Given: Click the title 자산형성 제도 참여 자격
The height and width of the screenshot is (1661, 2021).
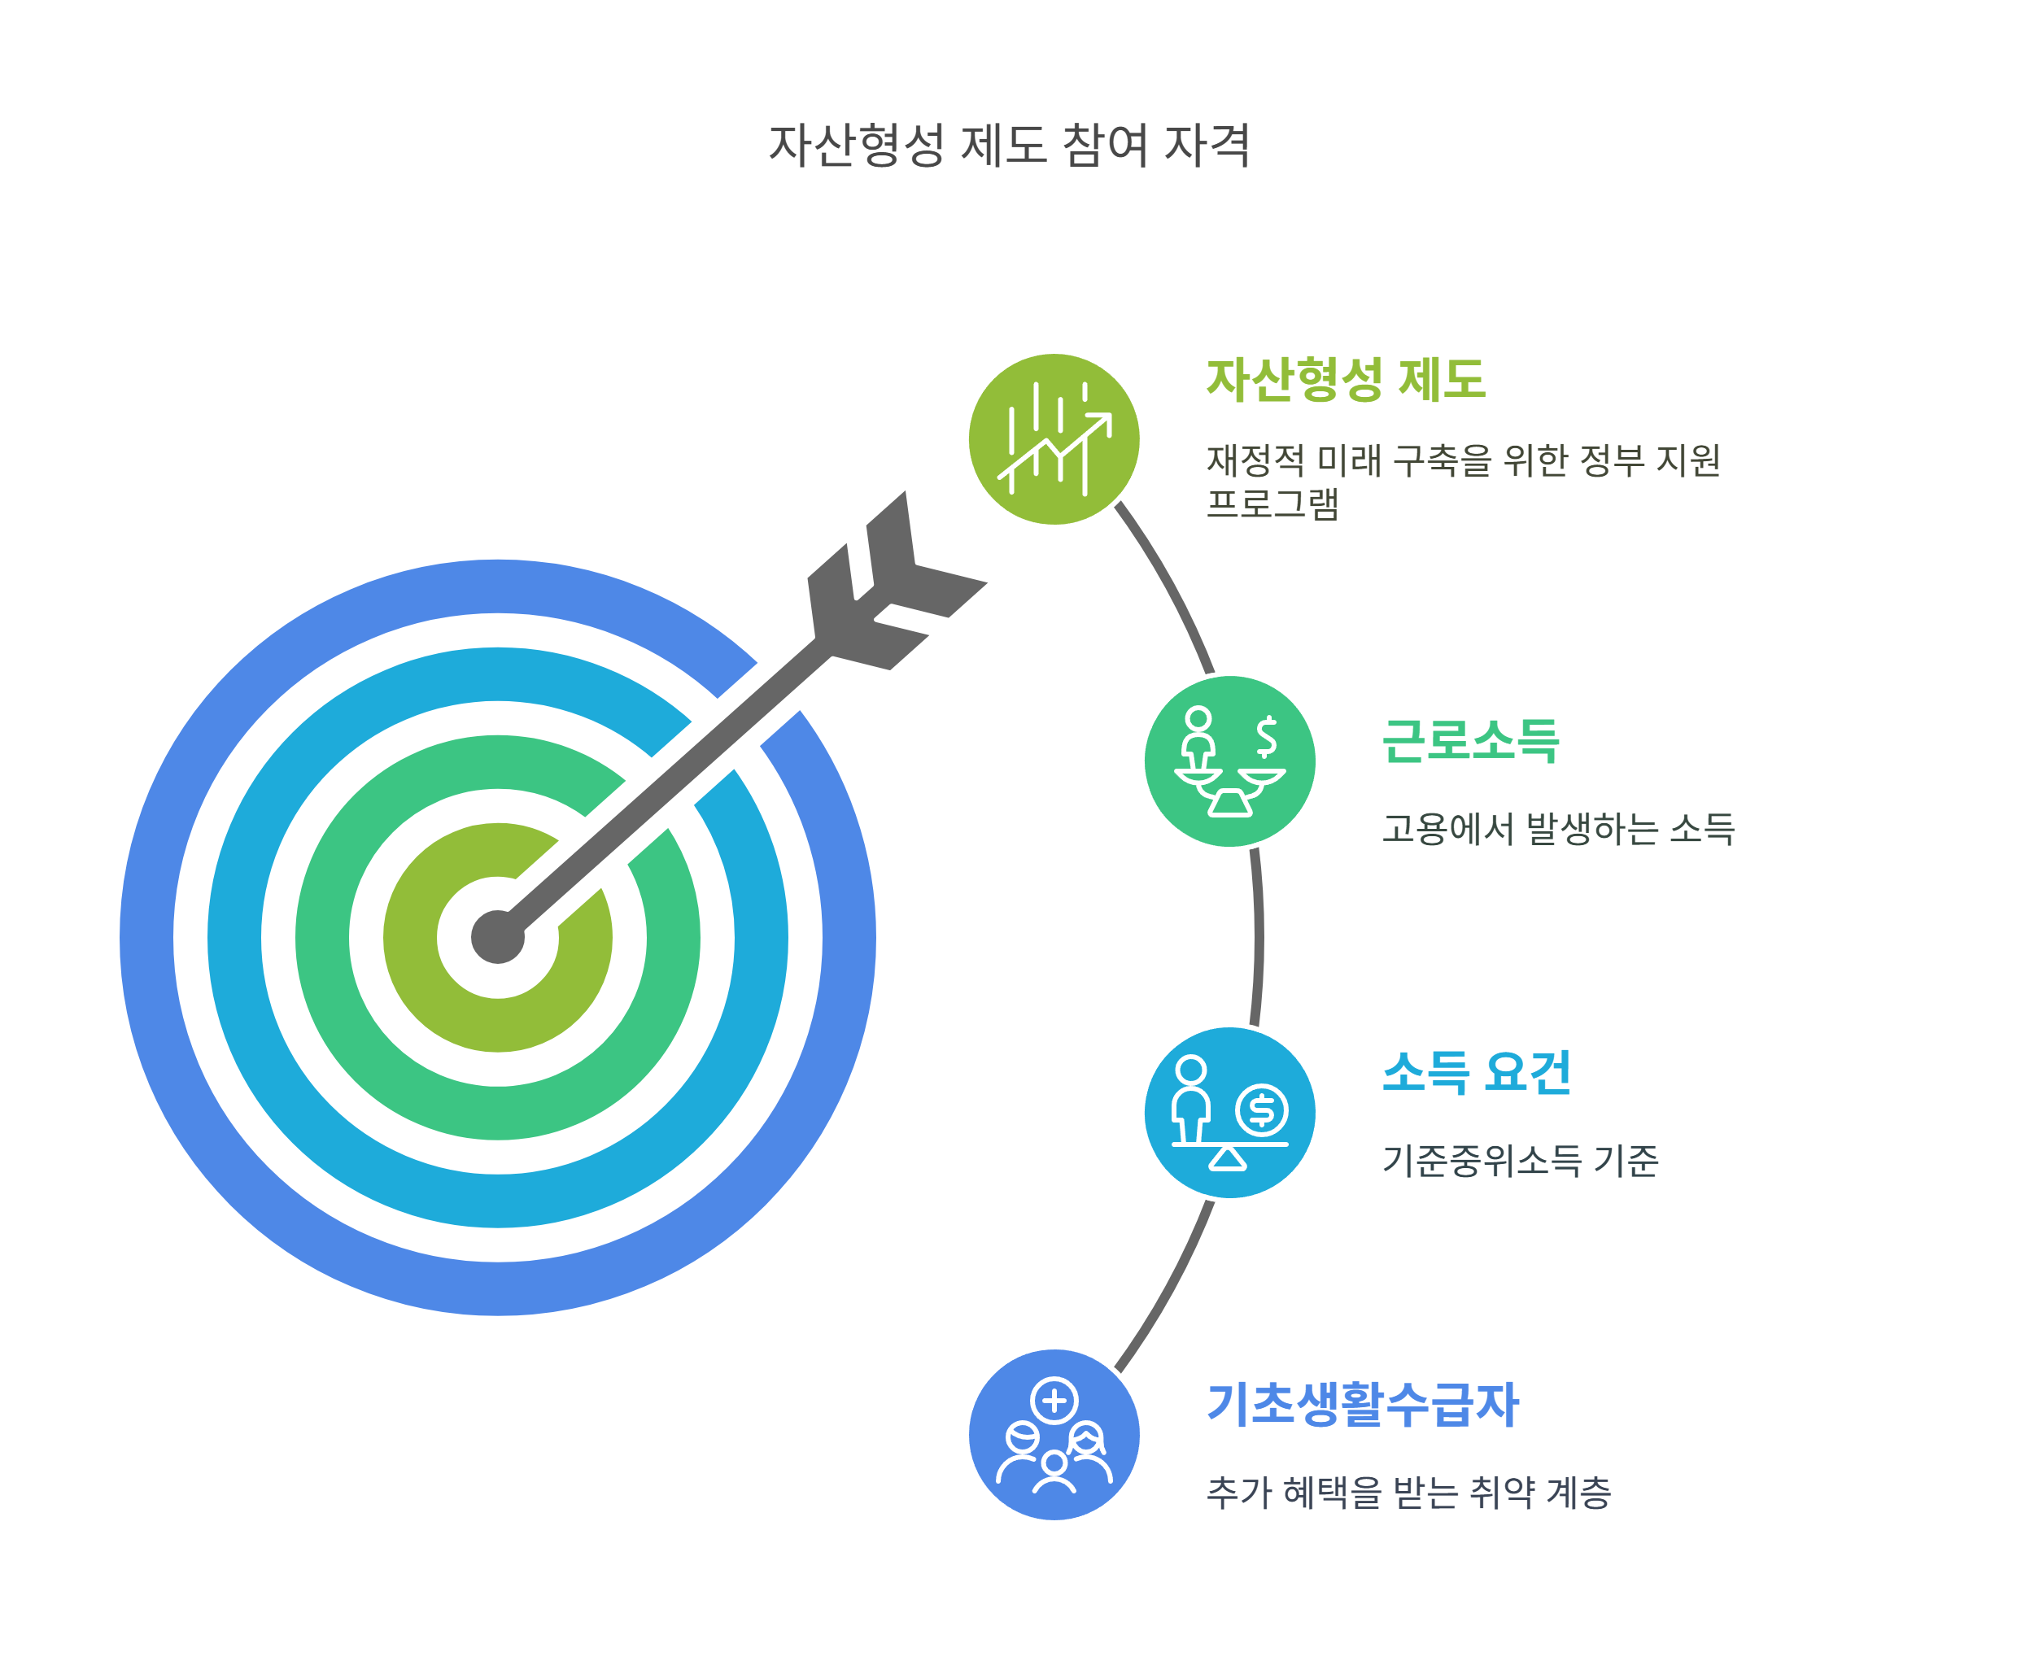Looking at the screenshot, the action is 1010,146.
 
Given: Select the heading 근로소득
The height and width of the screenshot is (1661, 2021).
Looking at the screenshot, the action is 1470,739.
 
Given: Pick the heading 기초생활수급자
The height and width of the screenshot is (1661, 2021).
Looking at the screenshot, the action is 1363,1405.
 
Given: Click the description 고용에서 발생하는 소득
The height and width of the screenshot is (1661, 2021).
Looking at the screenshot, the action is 1557,829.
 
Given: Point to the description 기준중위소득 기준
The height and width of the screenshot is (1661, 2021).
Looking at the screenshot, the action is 1520,1161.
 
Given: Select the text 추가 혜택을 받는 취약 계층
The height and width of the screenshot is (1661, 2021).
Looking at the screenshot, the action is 1408,1493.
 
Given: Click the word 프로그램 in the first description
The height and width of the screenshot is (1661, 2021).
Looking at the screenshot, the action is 1272,504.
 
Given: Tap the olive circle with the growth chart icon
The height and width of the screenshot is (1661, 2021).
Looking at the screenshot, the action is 1054,439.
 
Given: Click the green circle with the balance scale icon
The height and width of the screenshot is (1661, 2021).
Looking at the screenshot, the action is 1229,761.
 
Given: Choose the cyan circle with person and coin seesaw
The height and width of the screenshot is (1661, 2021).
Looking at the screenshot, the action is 1229,1113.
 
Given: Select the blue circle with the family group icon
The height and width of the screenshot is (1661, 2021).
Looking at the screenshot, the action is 1054,1435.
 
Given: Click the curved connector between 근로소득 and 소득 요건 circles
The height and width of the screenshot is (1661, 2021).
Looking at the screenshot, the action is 1259,938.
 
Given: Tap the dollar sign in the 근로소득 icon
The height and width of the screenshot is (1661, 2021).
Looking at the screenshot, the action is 1266,737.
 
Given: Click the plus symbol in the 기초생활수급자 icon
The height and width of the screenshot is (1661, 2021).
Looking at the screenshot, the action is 1054,1402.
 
